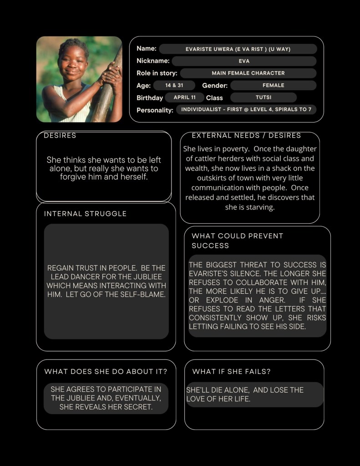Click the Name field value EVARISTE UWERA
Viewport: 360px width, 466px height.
pyautogui.click(x=238, y=49)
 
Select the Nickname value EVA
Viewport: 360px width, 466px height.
pyautogui.click(x=244, y=61)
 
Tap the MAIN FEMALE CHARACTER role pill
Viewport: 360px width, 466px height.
pyautogui.click(x=248, y=73)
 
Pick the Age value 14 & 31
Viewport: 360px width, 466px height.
pyautogui.click(x=174, y=85)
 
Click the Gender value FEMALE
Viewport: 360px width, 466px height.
pyautogui.click(x=273, y=85)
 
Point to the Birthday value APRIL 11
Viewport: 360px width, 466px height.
pyautogui.click(x=184, y=97)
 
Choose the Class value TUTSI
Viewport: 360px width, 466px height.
pyautogui.click(x=264, y=97)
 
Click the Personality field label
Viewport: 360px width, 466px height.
pyautogui.click(x=155, y=110)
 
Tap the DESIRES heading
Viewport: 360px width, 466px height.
pyautogui.click(x=60, y=136)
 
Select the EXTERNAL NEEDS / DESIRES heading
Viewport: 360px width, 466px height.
pyautogui.click(x=246, y=136)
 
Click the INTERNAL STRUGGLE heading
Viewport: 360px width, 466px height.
pyautogui.click(x=85, y=214)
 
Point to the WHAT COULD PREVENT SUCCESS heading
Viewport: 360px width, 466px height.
pyautogui.click(x=237, y=241)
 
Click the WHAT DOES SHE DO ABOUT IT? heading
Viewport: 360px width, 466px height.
pyautogui.click(x=106, y=372)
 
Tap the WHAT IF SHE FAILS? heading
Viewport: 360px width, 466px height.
pyautogui.click(x=231, y=372)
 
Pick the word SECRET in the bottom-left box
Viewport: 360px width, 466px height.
pyautogui.click(x=137, y=407)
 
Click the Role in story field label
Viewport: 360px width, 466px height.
pyautogui.click(x=157, y=73)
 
